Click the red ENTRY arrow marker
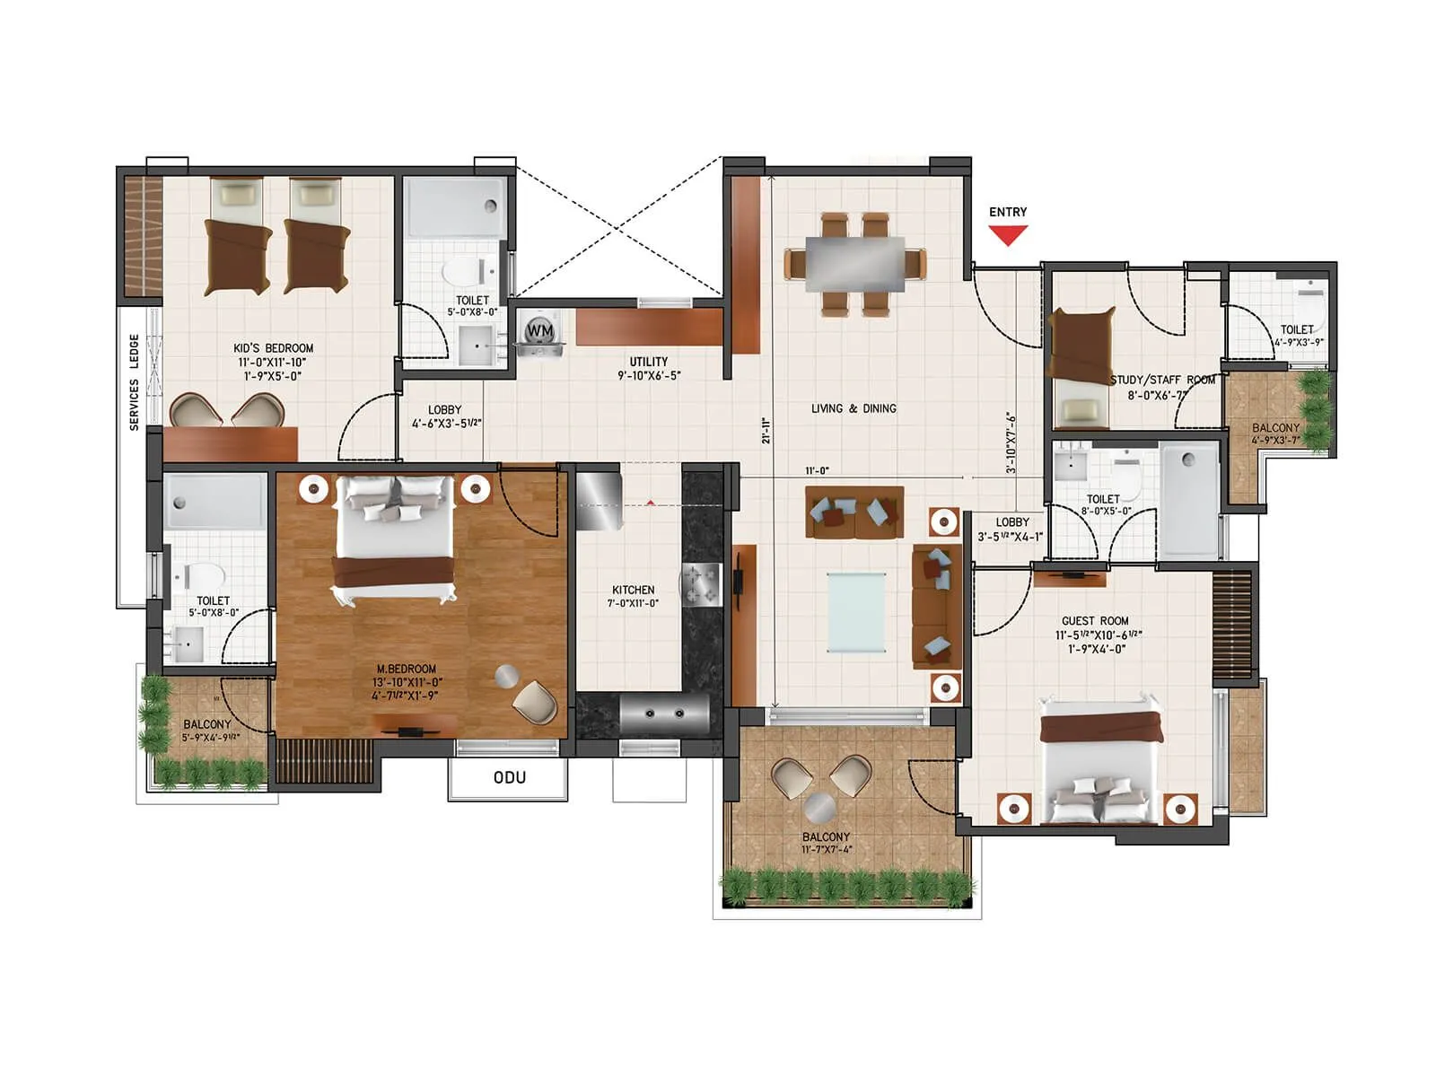1008,235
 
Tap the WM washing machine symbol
539,331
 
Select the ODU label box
509,777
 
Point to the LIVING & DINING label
854,408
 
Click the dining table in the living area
854,263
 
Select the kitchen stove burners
701,584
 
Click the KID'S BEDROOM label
274,348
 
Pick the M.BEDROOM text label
407,669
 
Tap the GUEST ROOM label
1095,621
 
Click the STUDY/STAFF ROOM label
1162,380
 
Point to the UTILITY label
648,362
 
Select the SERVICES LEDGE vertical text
135,382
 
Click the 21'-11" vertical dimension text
766,431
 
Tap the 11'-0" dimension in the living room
817,470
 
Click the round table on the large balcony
820,808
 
